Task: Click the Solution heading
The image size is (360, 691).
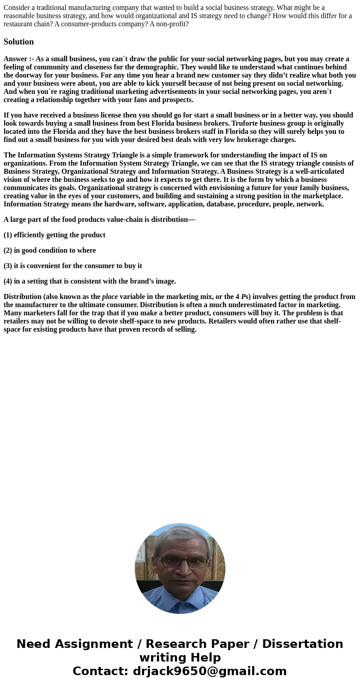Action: [x=19, y=42]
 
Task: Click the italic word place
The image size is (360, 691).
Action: [x=110, y=297]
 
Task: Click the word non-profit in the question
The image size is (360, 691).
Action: [x=172, y=24]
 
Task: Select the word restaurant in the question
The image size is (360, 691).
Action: [x=19, y=24]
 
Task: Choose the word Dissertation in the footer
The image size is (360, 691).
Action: [x=302, y=644]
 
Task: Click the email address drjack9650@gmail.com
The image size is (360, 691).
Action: [x=209, y=671]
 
